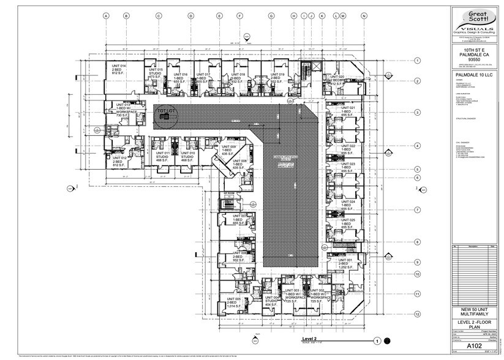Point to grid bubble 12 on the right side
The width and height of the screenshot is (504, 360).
click(x=417, y=314)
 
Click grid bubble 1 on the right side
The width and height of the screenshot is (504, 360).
click(x=417, y=61)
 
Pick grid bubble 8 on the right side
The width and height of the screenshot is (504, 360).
click(x=417, y=242)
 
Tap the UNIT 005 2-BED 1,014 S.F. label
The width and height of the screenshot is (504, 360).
click(x=233, y=301)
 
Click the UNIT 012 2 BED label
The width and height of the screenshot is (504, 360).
click(x=119, y=160)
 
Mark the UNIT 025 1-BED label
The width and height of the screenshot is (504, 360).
click(x=348, y=222)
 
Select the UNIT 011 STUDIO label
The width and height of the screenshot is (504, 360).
click(x=163, y=156)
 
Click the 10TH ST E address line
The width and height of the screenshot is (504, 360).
click(x=475, y=49)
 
